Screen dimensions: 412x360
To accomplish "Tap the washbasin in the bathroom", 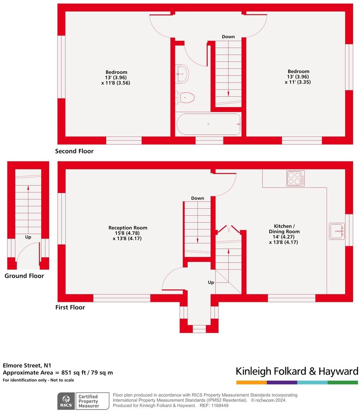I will [x=182, y=74].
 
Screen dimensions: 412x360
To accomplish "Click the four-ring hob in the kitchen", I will [x=296, y=178].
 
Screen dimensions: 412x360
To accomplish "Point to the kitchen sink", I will [x=337, y=231].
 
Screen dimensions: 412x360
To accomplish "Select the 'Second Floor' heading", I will [x=74, y=151].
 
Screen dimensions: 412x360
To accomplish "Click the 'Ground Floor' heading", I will [x=24, y=276].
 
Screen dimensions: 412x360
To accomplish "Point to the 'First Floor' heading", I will [x=70, y=307].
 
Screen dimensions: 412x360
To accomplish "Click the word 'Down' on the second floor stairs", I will [x=228, y=37].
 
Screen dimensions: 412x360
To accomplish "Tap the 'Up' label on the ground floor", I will [x=28, y=237].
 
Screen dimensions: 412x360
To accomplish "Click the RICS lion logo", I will [x=66, y=400].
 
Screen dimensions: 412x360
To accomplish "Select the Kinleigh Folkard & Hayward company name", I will [x=297, y=371].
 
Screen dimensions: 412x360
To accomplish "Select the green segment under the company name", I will [x=343, y=383].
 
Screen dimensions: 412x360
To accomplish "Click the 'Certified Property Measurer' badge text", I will [x=88, y=400].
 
